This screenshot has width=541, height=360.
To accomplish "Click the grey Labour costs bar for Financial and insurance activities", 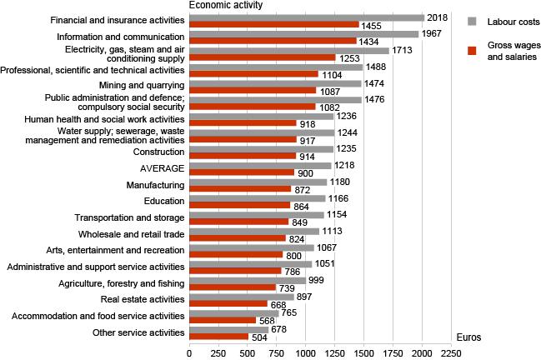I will (x=307, y=17).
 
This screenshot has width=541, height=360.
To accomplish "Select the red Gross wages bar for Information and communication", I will (x=273, y=41).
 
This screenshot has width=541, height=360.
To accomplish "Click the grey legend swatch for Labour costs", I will (x=472, y=20).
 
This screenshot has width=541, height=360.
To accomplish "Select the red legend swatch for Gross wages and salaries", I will (x=472, y=50).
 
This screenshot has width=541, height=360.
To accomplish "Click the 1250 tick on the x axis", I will (x=306, y=353).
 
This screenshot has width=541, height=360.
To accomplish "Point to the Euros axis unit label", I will (x=470, y=337).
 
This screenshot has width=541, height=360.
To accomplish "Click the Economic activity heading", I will (x=227, y=5).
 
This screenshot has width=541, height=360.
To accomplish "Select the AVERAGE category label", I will (x=164, y=167).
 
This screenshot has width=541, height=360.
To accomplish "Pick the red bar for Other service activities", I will (x=218, y=337).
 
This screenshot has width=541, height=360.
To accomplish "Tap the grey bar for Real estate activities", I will (x=242, y=297).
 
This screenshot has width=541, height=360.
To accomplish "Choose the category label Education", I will (x=163, y=200).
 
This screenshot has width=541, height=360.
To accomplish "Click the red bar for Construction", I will (x=243, y=156).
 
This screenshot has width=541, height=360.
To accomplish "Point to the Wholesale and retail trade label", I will (x=131, y=234).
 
